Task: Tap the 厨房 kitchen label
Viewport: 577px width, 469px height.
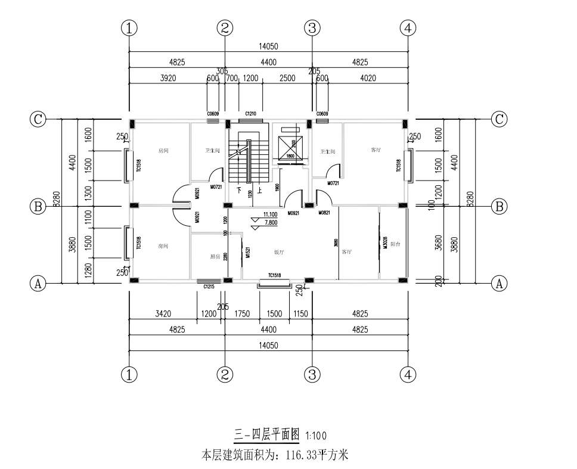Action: pyautogui.click(x=215, y=257)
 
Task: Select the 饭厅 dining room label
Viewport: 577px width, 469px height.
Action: pyautogui.click(x=279, y=252)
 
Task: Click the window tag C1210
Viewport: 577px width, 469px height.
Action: pyautogui.click(x=250, y=114)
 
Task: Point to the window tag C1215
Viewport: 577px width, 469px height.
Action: pyautogui.click(x=209, y=287)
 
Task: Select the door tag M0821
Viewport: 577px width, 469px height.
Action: pyautogui.click(x=324, y=213)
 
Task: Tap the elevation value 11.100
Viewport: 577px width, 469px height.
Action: pyautogui.click(x=270, y=215)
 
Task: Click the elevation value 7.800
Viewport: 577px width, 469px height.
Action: pyautogui.click(x=270, y=222)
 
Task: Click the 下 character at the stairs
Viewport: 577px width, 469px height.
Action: pyautogui.click(x=239, y=191)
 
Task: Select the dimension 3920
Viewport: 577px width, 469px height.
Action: pyautogui.click(x=168, y=78)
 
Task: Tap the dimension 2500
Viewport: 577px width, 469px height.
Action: pyautogui.click(x=287, y=78)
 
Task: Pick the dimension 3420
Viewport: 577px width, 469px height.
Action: pyautogui.click(x=163, y=313)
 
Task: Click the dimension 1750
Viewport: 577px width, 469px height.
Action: pyautogui.click(x=242, y=313)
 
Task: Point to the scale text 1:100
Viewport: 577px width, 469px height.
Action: pyautogui.click(x=315, y=436)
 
